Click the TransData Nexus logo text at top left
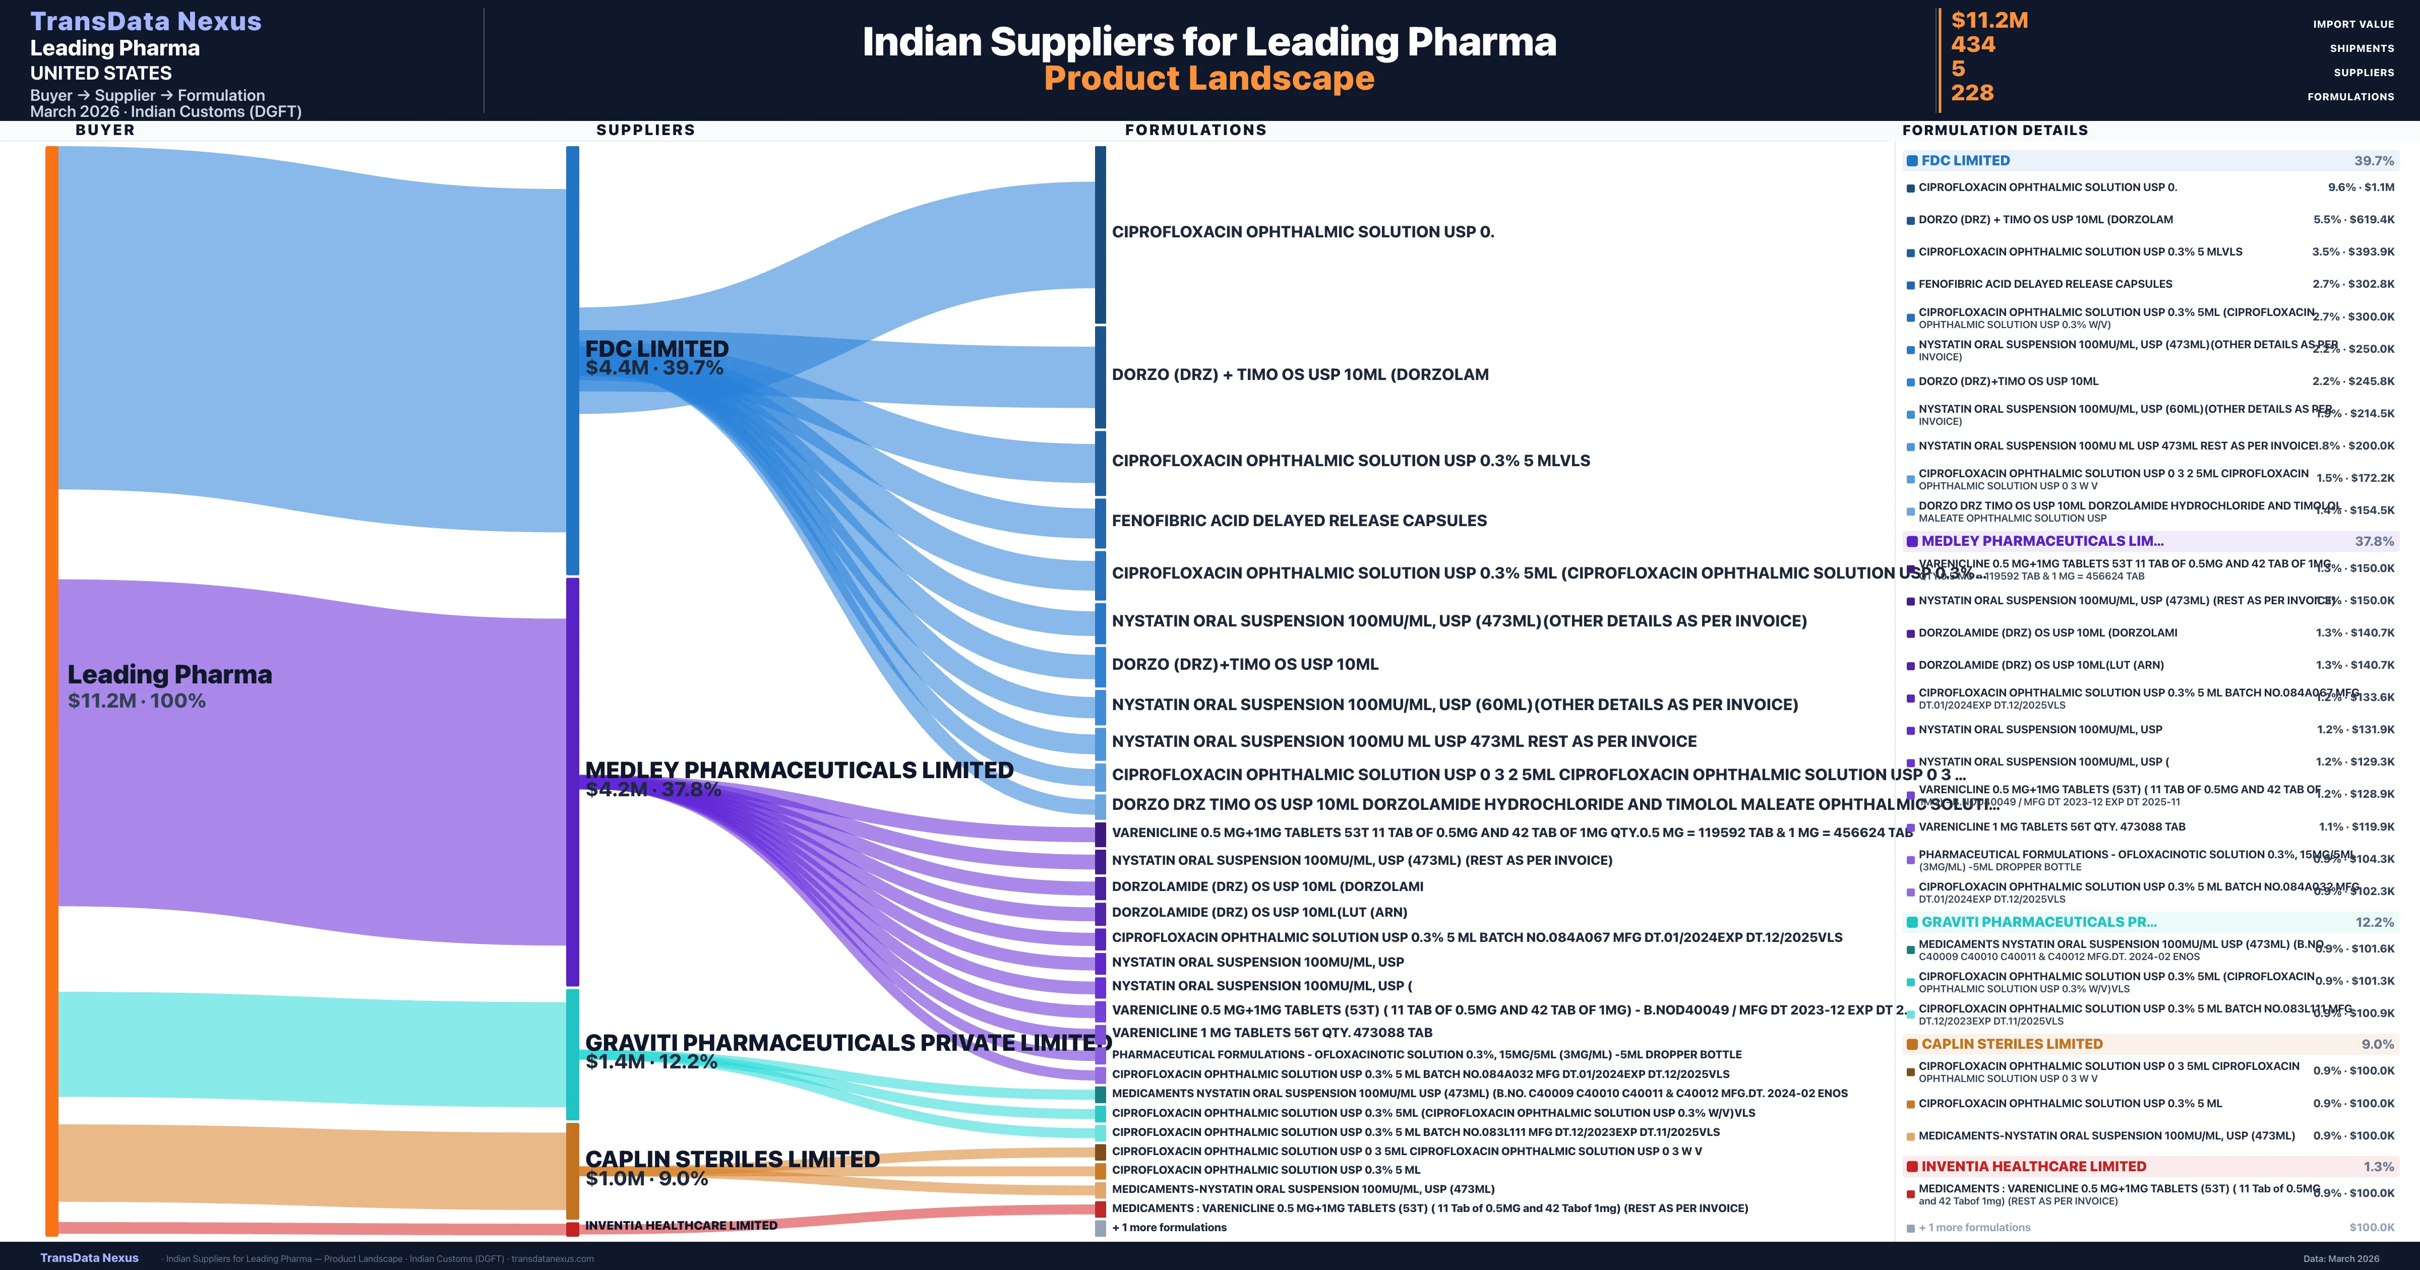pos(146,22)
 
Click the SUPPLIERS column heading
pos(645,130)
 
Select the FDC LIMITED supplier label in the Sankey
pos(656,349)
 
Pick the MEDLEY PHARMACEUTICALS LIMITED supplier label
pos(799,770)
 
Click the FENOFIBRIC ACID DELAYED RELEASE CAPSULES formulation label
pos(1298,521)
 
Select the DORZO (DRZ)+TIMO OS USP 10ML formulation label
pos(1245,664)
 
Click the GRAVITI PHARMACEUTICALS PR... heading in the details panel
pos(2038,922)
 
